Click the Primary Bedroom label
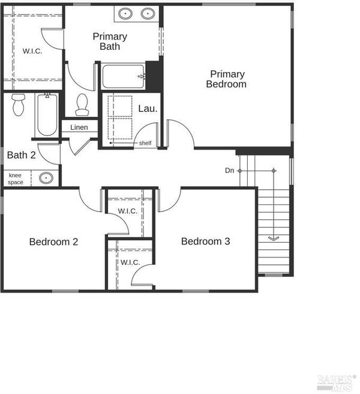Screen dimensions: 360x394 226,79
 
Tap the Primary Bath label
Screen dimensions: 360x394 110,41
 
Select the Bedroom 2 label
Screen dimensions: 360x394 53,241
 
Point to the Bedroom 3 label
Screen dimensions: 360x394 205,241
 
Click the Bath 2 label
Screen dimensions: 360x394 22,155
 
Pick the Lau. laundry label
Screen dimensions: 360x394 148,109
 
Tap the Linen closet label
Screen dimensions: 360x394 79,127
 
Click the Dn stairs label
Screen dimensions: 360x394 229,171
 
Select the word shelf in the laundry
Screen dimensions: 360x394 145,143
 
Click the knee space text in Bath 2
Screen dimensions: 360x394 16,178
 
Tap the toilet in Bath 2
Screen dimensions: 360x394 19,105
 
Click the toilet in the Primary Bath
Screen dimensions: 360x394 82,105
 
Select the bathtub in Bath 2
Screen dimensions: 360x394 47,115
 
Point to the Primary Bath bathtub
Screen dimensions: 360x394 124,76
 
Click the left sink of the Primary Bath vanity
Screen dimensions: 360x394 125,14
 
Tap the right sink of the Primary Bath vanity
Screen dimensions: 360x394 148,14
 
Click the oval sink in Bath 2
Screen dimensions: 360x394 46,178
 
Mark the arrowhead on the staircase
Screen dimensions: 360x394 274,238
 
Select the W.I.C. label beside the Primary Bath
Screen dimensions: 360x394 32,51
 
